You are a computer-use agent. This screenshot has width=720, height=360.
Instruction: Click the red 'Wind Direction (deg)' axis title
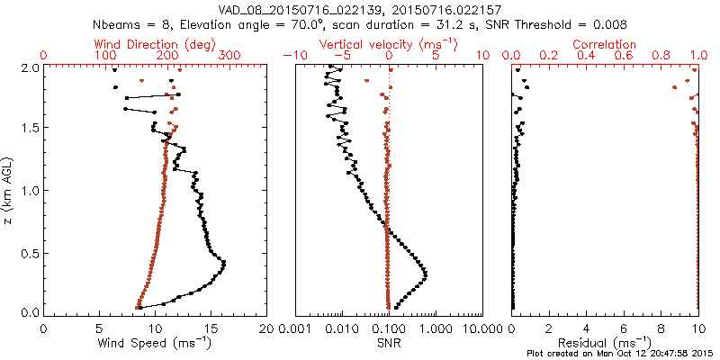coord(155,44)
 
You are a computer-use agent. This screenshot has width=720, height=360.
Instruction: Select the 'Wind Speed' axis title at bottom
coord(156,343)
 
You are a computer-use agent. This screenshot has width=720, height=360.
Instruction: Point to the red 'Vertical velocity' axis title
coord(388,44)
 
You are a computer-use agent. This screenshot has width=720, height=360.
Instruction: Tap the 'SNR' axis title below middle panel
coord(388,343)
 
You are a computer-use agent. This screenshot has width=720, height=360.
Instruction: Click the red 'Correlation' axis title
coord(606,44)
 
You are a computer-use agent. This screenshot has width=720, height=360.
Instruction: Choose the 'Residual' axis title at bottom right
coord(605,343)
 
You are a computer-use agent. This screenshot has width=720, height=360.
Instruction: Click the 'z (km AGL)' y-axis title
coord(8,190)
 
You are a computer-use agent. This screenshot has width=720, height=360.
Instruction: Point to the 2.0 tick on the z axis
coord(27,67)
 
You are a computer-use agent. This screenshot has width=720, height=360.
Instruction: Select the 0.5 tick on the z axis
coord(27,252)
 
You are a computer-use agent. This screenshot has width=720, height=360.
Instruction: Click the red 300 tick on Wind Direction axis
coord(229,56)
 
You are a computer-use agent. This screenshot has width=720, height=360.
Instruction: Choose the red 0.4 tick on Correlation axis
coord(587,56)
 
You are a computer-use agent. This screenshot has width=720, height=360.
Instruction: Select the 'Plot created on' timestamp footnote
coord(622,353)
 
